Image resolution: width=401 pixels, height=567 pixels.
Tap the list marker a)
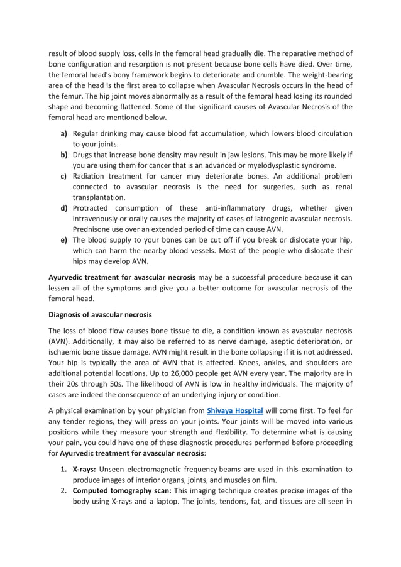pos(63,134)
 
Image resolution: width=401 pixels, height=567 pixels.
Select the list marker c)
pos(63,176)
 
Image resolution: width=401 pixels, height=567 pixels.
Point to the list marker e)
pos(63,240)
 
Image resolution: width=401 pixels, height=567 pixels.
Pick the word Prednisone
pos(94,229)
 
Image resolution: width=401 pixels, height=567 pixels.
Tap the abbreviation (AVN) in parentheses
pos(60,341)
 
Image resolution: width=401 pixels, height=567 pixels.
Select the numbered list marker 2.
pos(65,491)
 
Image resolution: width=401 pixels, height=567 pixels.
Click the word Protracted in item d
pos(94,208)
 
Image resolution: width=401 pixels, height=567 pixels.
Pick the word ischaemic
pos(69,352)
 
